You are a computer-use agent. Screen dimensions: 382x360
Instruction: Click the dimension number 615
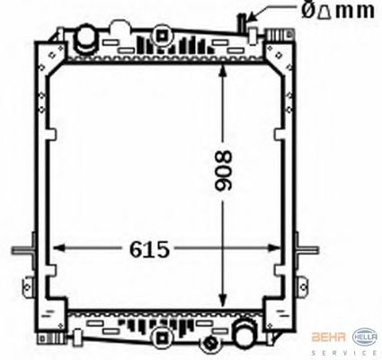point(149,249)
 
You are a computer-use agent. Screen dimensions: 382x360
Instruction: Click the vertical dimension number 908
point(224,170)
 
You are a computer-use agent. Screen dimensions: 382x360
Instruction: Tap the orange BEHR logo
point(329,337)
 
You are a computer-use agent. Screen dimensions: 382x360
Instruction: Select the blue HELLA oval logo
point(365,337)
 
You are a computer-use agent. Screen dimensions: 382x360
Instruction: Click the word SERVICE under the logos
point(344,353)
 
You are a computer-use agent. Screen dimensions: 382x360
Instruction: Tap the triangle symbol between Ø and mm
point(324,12)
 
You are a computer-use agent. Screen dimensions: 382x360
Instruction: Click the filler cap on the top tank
point(85,38)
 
